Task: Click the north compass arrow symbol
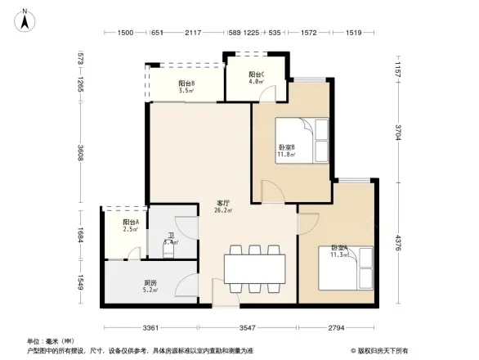(25, 20)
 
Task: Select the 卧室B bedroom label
(286, 147)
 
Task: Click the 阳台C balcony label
(256, 74)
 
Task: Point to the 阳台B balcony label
(186, 83)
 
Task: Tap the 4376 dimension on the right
(398, 244)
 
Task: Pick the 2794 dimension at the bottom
(337, 328)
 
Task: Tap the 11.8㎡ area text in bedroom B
(286, 154)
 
